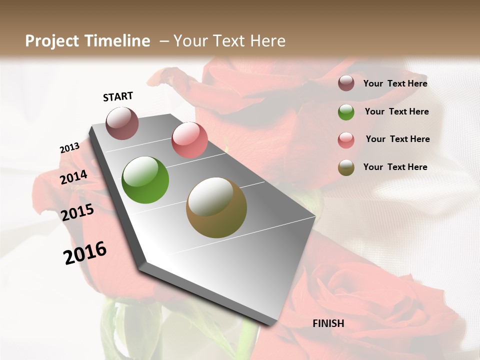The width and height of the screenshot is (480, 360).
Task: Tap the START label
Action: (x=118, y=96)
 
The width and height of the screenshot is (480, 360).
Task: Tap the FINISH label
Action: (x=328, y=323)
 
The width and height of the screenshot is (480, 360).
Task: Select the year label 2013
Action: (x=69, y=148)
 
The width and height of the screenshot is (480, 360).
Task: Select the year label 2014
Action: (x=74, y=177)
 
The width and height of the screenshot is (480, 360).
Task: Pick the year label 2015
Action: (x=77, y=212)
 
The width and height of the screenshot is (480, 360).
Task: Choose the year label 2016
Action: (x=85, y=252)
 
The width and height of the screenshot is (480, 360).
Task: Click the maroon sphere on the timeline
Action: (x=122, y=123)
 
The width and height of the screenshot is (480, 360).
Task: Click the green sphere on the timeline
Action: (x=145, y=180)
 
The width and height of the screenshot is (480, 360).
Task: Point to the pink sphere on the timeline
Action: (x=189, y=140)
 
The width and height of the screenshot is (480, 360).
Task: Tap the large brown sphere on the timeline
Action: (x=216, y=207)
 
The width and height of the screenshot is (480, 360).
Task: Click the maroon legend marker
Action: (x=346, y=83)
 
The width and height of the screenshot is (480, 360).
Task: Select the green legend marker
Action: (x=346, y=112)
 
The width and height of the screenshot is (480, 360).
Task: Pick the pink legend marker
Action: (x=346, y=140)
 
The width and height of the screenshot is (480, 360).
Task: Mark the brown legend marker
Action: (x=346, y=167)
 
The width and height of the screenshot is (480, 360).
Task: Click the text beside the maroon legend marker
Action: (x=395, y=83)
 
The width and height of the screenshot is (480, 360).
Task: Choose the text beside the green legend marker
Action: (x=397, y=111)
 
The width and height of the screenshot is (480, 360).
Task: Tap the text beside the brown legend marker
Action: (x=395, y=167)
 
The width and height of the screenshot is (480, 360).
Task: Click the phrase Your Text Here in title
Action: (x=229, y=41)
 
